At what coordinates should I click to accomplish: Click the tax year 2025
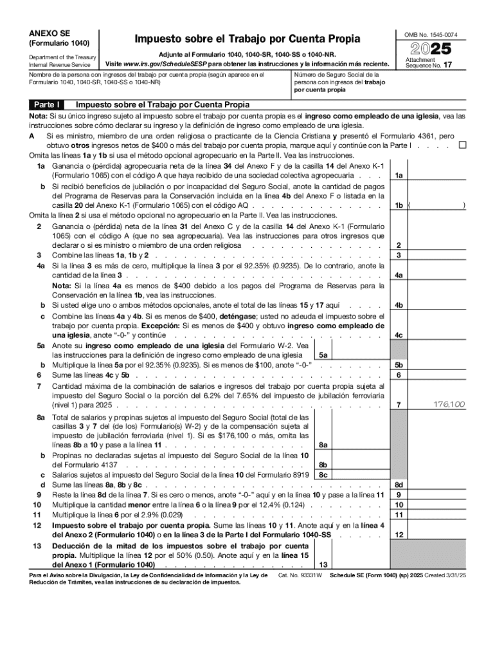[430, 49]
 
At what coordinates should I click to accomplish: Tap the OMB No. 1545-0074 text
[431, 34]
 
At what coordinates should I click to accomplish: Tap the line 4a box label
[399, 275]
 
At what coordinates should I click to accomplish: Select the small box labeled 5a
[323, 355]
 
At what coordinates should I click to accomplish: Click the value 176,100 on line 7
[448, 404]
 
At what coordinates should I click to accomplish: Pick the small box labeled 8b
[323, 465]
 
